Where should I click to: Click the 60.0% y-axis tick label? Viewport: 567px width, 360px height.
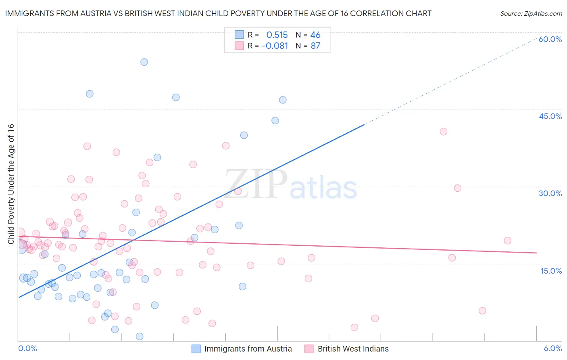point(550,39)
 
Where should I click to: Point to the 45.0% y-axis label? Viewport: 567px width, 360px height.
point(550,116)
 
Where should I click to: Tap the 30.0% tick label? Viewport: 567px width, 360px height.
point(550,193)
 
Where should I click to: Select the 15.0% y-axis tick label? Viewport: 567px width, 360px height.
point(551,271)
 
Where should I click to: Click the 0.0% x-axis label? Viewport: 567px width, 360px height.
point(27,349)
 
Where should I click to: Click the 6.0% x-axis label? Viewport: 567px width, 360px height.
point(552,349)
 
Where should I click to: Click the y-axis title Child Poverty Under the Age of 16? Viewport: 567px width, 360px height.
point(11,184)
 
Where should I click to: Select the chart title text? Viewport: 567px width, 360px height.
point(218,14)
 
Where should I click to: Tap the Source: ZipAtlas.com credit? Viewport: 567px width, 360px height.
point(531,14)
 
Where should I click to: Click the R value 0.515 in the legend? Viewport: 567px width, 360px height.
point(277,35)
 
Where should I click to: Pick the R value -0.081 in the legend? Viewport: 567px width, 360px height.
point(275,46)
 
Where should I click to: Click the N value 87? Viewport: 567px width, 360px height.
point(315,46)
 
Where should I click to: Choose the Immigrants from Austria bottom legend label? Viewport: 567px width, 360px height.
point(248,349)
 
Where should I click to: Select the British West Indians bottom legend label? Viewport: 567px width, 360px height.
point(353,349)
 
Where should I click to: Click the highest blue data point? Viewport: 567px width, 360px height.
point(144,62)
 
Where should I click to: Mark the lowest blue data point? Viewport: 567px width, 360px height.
point(140,337)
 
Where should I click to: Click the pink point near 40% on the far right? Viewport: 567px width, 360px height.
point(444,132)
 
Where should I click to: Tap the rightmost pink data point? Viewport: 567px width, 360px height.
point(507,241)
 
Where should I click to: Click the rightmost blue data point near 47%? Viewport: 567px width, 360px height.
point(283,100)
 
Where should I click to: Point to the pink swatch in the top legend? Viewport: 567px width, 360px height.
point(239,46)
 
